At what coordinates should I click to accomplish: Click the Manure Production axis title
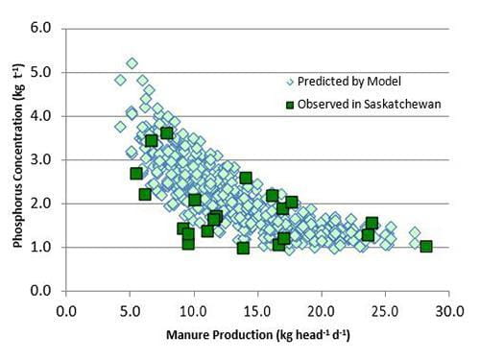256,336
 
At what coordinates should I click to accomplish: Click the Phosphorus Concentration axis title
18,159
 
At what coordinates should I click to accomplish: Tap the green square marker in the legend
289,104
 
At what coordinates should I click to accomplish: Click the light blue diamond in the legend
289,82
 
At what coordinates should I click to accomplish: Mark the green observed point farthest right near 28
426,247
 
